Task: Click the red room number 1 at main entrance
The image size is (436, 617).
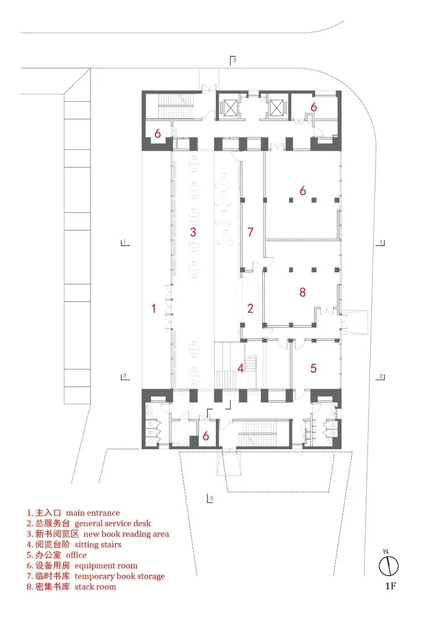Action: (x=154, y=308)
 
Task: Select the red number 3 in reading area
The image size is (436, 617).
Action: (x=193, y=232)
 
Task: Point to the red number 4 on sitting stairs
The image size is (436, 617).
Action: (x=241, y=368)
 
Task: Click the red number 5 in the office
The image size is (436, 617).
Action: (x=313, y=368)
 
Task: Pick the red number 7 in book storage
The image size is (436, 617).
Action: (x=250, y=232)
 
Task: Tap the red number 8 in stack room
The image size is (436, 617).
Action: (x=302, y=292)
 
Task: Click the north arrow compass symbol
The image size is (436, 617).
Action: (x=389, y=565)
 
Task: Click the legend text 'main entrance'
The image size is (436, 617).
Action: (x=93, y=513)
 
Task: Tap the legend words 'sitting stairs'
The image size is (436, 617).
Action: (x=97, y=544)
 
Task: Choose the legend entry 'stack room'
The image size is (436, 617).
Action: (x=95, y=586)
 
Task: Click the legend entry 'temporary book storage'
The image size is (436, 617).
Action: (x=120, y=576)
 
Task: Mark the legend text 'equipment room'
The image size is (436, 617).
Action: (x=106, y=565)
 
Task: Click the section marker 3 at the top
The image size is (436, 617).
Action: (x=233, y=59)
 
